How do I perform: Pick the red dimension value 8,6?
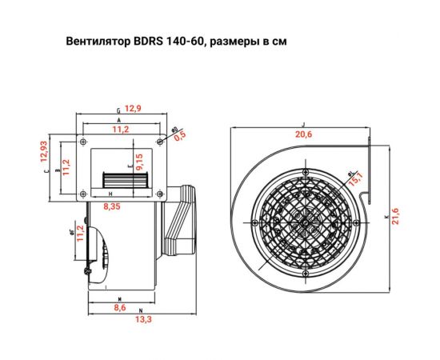click(x=120, y=307)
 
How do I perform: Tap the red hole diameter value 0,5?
click(x=181, y=135)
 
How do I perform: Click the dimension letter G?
click(x=118, y=109)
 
